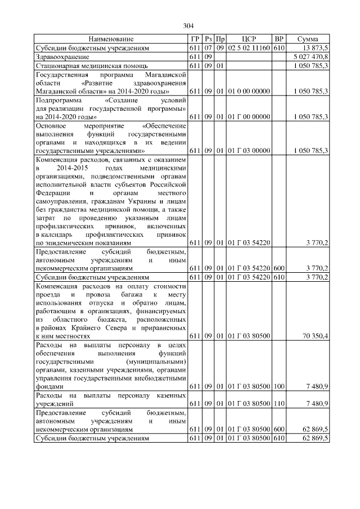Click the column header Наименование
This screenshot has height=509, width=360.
[x=111, y=39]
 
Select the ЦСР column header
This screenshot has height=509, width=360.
[x=248, y=39]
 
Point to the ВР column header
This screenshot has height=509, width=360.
[x=278, y=39]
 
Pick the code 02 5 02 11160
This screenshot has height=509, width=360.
[x=249, y=49]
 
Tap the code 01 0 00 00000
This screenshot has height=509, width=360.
[x=249, y=91]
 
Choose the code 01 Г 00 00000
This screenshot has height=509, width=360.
[x=249, y=116]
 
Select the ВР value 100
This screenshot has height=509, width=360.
[x=278, y=387]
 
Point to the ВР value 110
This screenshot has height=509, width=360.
[x=278, y=404]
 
